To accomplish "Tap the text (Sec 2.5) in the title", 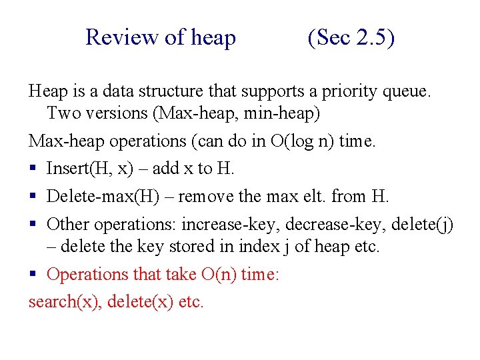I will pyautogui.click(x=351, y=37).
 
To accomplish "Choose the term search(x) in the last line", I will pyautogui.click(x=65, y=302).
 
